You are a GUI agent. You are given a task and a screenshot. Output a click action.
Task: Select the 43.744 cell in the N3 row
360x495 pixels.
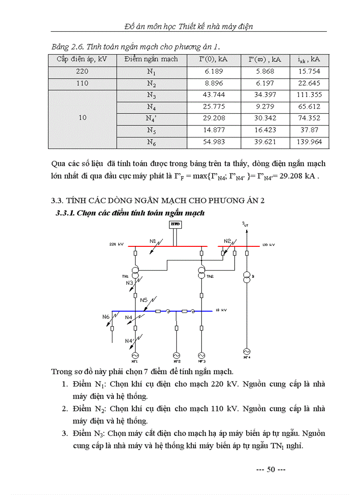[214, 95]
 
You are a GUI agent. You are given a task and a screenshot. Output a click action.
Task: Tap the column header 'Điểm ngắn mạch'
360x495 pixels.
[151, 59]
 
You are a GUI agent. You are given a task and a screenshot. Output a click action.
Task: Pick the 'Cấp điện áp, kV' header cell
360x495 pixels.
[82, 59]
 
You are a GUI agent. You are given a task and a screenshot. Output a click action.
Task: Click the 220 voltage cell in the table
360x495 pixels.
[82, 71]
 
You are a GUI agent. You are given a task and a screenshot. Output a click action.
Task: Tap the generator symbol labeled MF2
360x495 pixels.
[176, 355]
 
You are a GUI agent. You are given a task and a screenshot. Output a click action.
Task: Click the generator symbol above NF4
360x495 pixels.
[247, 351]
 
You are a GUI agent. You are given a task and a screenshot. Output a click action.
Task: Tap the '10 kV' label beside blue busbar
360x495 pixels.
[221, 311]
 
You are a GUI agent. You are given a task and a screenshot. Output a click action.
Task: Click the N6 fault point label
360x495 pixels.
[105, 316]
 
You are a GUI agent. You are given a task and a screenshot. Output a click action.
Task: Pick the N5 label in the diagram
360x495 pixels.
[144, 300]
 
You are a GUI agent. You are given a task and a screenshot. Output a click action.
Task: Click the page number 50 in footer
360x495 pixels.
[271, 469]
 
